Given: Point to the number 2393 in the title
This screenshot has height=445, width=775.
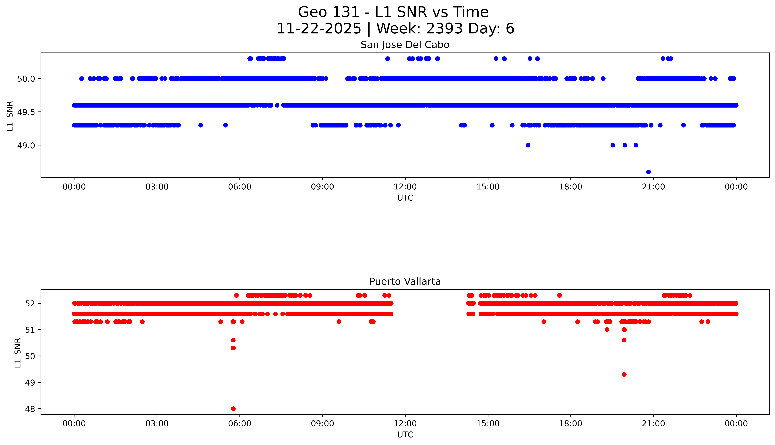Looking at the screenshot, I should (x=444, y=29).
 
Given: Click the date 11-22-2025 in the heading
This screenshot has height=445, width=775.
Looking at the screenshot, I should (x=319, y=29).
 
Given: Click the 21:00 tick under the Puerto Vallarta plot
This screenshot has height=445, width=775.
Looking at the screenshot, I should (x=653, y=424).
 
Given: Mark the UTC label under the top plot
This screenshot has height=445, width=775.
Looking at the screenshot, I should (x=405, y=198).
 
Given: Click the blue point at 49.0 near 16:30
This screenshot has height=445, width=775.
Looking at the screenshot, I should (x=528, y=145).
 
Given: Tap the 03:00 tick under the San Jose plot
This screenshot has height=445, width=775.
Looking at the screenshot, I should (x=157, y=187).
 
